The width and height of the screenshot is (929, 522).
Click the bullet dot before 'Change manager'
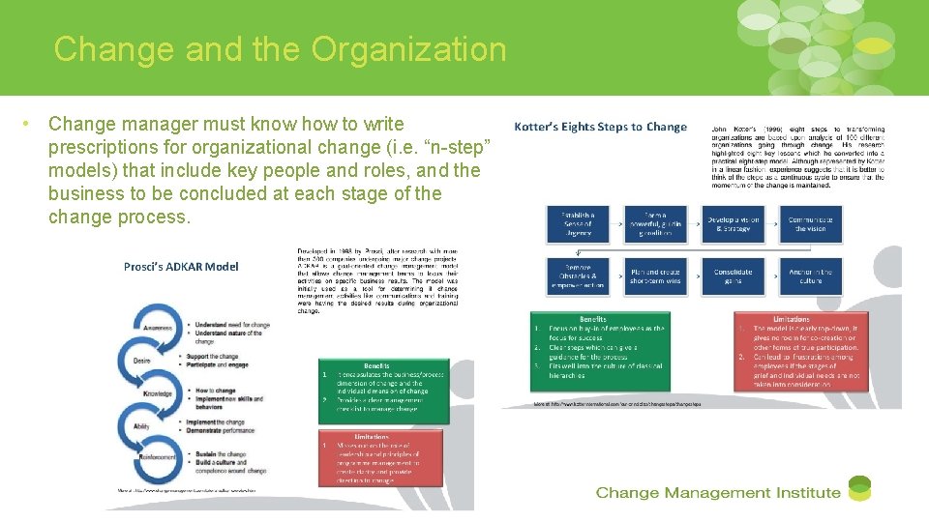(30, 124)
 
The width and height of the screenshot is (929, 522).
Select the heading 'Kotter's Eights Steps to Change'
(600, 127)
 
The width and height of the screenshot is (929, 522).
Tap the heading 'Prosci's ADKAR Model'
(181, 267)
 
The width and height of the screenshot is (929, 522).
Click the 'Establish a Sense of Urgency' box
(579, 224)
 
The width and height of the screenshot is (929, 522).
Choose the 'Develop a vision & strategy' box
(734, 224)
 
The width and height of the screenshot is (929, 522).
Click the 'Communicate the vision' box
(810, 224)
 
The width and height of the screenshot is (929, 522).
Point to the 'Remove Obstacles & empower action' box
(579, 278)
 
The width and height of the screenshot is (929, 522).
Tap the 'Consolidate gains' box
(734, 278)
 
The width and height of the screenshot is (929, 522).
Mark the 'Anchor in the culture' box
(810, 278)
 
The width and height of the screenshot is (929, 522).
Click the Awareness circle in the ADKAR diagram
(159, 329)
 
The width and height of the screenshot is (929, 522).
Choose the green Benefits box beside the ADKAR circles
(384, 391)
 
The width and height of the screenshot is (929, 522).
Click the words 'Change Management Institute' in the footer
(717, 492)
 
